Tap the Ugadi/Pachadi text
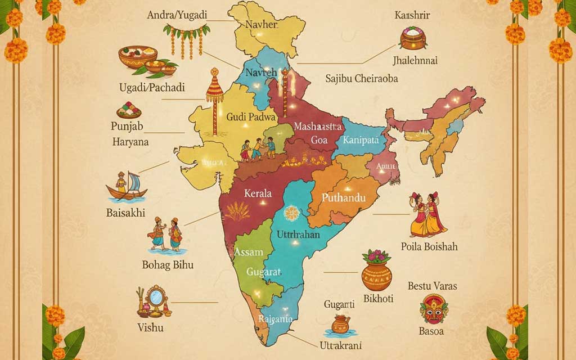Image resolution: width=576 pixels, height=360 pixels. click(x=151, y=87)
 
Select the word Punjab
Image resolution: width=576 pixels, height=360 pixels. click(x=128, y=125)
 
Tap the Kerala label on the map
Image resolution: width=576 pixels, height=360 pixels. click(x=258, y=193)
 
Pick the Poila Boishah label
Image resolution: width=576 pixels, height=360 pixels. click(x=429, y=246)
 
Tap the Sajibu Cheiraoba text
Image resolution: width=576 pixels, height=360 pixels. click(x=362, y=79)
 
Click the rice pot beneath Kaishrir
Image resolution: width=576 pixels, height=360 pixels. click(x=413, y=38)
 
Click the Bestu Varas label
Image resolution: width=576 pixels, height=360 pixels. click(x=432, y=286)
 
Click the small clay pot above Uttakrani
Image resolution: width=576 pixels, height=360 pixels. click(x=340, y=324)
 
